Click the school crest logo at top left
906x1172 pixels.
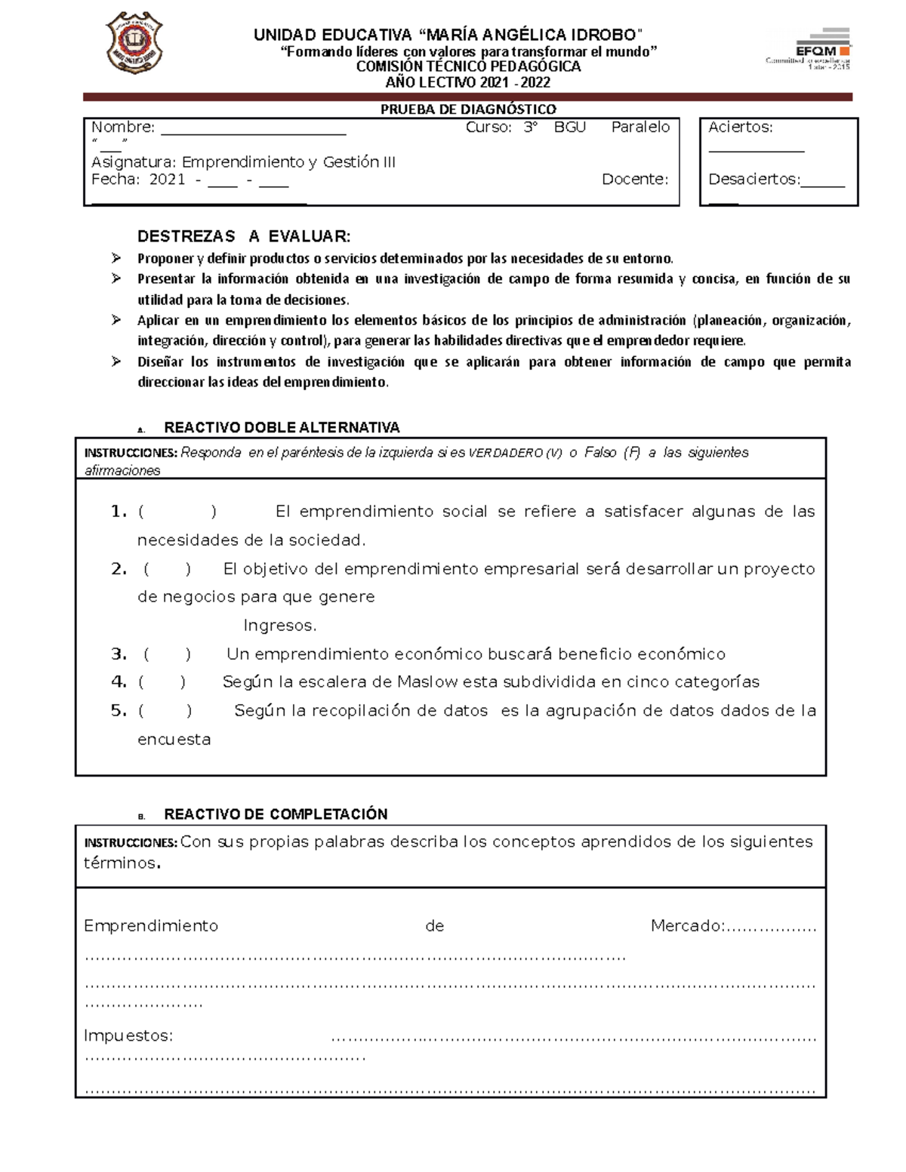[134, 42]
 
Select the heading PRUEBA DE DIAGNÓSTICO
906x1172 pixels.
[467, 109]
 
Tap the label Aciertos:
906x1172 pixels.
[740, 128]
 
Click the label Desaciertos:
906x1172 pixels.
[753, 180]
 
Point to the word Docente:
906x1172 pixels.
[635, 180]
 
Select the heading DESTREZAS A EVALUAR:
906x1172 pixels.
[244, 236]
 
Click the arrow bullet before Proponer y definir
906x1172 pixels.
[116, 258]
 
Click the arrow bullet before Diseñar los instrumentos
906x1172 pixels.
[116, 361]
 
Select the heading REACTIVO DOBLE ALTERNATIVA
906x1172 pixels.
[282, 428]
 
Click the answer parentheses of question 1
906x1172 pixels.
[177, 512]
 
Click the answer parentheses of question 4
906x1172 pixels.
[162, 682]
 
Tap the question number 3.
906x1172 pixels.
[119, 654]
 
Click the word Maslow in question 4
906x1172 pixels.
[427, 682]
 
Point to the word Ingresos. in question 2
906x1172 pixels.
[280, 626]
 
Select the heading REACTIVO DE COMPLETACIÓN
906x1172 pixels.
[276, 814]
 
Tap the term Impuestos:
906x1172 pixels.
[128, 1035]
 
